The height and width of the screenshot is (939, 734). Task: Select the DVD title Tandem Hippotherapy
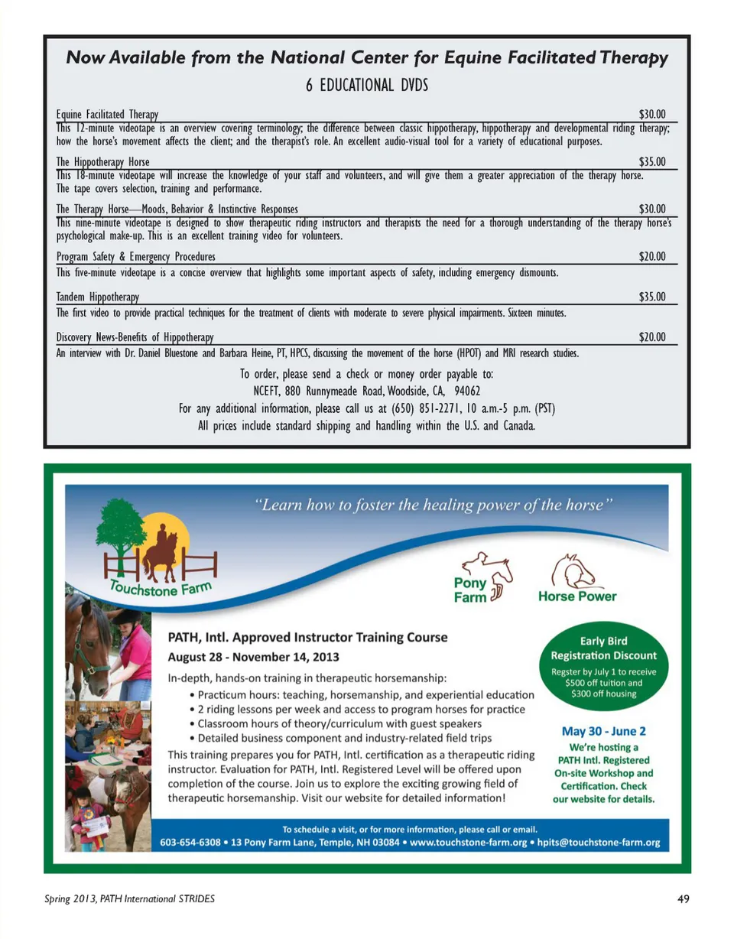tap(97, 297)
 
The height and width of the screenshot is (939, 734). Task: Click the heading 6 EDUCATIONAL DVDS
tap(366, 85)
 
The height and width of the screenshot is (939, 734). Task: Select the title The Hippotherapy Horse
tap(102, 161)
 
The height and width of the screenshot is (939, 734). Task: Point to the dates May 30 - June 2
tap(603, 730)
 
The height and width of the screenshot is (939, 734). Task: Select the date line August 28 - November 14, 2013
tap(255, 657)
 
